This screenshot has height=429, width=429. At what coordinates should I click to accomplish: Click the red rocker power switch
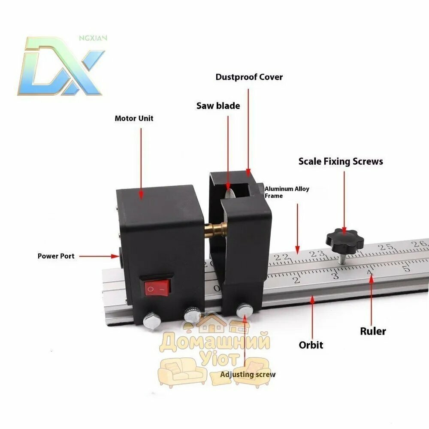coord(155,288)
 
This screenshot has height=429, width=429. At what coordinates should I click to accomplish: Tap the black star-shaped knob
coord(344,241)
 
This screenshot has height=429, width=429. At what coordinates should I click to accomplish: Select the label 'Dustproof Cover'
coord(249,77)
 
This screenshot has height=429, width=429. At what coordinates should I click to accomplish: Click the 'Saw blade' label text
coord(218,106)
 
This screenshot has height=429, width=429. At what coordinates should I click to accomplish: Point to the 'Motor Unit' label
coord(134,118)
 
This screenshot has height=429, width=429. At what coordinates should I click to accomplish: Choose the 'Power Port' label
coord(56,256)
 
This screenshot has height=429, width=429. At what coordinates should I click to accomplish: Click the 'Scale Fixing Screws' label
coord(341,161)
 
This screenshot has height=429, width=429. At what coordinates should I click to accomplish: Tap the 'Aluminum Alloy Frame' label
coord(287,192)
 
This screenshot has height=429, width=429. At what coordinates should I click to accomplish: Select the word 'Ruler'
coord(373,331)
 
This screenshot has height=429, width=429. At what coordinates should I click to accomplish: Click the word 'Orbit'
coord(311,345)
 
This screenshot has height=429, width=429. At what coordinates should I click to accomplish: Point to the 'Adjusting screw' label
coord(248,375)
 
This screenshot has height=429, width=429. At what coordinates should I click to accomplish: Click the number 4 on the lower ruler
coord(370,272)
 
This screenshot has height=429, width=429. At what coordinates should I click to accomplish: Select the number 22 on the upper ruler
coord(282,257)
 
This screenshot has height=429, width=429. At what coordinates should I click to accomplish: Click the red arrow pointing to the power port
coord(100,257)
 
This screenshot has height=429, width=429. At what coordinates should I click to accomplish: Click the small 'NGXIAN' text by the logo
coord(93,38)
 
